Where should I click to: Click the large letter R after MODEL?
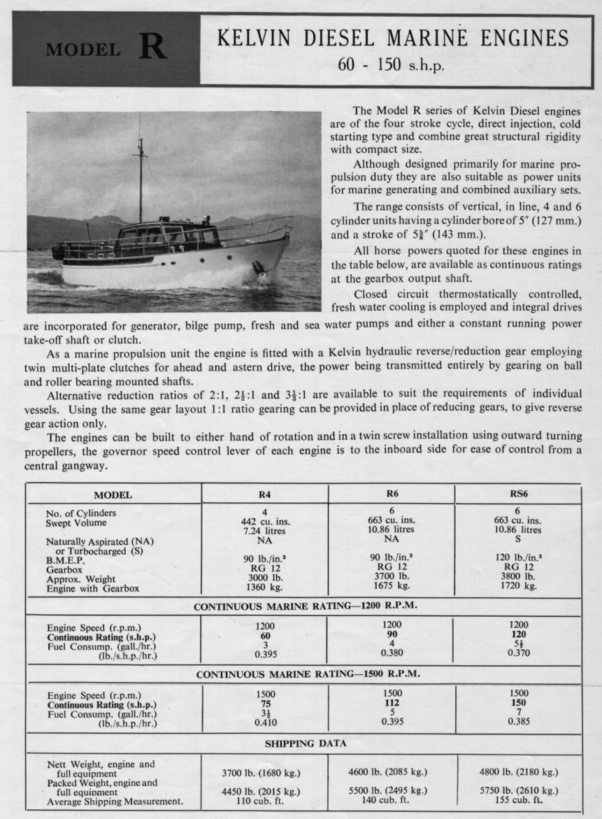(x=152, y=48)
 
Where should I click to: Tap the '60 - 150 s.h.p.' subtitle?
(x=391, y=66)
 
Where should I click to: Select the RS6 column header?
(x=518, y=494)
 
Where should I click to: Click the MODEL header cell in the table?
(x=113, y=495)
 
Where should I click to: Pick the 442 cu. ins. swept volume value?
(x=265, y=521)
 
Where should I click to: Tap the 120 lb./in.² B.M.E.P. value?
(x=518, y=558)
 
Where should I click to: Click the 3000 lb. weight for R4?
(x=265, y=578)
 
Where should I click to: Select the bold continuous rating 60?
(x=265, y=636)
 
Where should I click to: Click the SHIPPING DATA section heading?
(x=303, y=743)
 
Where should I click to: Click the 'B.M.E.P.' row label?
(x=67, y=560)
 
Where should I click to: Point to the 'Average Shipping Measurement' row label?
(x=115, y=802)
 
